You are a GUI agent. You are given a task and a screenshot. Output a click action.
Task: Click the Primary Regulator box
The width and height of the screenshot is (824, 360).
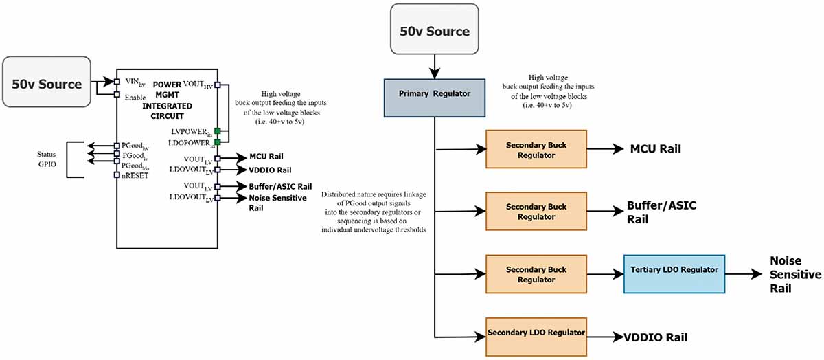coord(435,98)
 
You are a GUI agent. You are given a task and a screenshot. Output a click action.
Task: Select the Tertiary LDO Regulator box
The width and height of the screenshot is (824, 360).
coord(674,274)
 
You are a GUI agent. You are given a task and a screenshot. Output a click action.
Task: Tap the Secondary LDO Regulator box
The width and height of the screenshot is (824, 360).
coord(536,337)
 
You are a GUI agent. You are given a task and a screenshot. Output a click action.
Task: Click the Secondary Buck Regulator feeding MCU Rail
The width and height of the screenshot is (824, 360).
coord(536,149)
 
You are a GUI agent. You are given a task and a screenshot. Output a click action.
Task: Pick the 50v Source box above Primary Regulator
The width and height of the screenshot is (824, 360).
coord(435,29)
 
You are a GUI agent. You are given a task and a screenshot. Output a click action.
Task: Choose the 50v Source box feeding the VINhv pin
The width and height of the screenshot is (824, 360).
coord(47,82)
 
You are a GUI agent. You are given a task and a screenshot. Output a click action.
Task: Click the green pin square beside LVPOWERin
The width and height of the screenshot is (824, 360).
coord(218,131)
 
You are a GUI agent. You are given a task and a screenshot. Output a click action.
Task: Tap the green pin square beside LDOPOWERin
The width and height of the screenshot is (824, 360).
coord(218,142)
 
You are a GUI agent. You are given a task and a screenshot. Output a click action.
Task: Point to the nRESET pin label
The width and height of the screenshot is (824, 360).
coord(135,176)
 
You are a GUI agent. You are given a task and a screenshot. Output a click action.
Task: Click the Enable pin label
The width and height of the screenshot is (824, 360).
coord(135,98)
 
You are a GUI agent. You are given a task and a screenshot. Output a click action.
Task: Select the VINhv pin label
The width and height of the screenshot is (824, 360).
coord(135,82)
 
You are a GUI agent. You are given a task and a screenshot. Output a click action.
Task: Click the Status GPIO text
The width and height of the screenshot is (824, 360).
coord(47,159)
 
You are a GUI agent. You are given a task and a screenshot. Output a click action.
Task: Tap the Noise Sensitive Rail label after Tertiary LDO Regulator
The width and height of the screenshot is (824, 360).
coord(795,274)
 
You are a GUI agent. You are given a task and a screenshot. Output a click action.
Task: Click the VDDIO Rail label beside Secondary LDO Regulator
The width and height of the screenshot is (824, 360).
coord(656,337)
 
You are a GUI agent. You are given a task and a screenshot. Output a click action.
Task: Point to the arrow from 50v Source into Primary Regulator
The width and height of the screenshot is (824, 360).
coord(435,67)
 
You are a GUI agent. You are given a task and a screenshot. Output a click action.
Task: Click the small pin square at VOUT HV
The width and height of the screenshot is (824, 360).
coord(218,85)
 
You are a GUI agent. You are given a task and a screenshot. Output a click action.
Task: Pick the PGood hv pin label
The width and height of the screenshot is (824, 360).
coord(135,146)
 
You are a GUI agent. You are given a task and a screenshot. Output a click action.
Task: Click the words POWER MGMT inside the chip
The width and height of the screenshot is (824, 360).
coord(167,89)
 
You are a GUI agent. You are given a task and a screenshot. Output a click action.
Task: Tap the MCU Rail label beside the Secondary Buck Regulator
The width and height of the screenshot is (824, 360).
coord(656,149)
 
